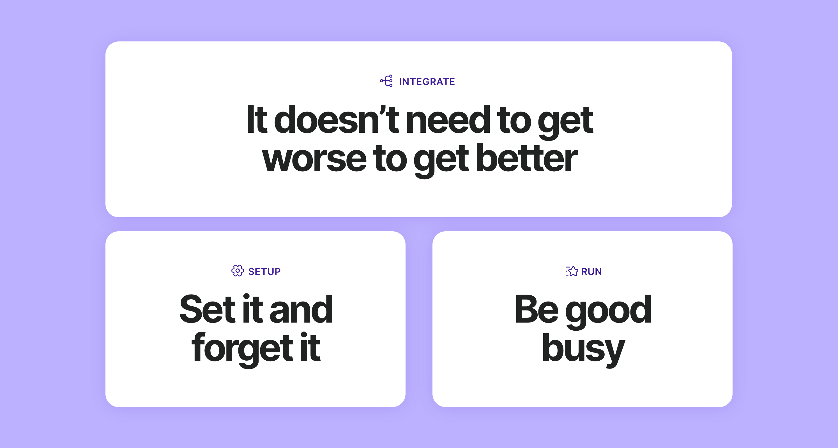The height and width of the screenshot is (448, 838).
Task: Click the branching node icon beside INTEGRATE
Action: click(386, 81)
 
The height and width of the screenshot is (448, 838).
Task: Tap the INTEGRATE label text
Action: click(427, 81)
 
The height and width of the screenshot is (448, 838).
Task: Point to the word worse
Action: click(314, 159)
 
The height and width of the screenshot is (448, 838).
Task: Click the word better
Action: click(527, 159)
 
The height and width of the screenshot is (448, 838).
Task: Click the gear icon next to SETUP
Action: click(238, 270)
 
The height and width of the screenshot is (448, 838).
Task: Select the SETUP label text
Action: click(264, 272)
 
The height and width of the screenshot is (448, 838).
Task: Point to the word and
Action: click(301, 310)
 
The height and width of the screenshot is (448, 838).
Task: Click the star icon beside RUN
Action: click(572, 271)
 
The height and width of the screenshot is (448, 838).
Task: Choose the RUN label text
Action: click(591, 272)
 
